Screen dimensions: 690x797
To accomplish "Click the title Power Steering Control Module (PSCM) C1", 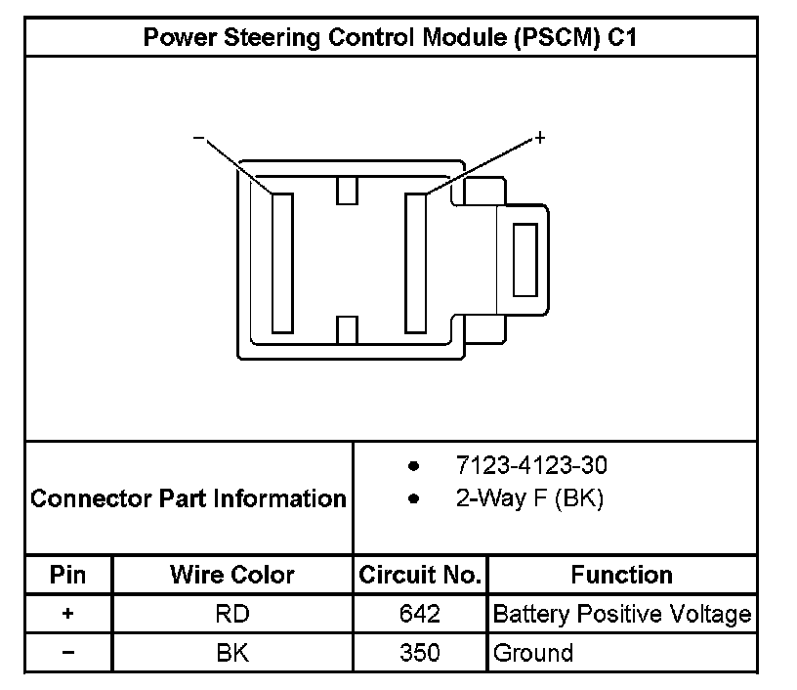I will tap(391, 37).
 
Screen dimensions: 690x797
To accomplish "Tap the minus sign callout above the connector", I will tap(198, 139).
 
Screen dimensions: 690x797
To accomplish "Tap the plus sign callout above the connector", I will tap(540, 138).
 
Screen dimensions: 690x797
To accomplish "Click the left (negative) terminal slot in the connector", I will tap(282, 263).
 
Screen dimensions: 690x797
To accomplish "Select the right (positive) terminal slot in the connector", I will tap(416, 263).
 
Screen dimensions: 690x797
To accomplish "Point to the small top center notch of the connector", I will tap(347, 190).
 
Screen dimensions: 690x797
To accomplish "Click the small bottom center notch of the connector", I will tap(347, 330).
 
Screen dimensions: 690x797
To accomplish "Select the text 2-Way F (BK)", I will tap(529, 498).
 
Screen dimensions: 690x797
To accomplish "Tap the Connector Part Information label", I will tap(189, 498).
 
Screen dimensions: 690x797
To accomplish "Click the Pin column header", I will tap(68, 575).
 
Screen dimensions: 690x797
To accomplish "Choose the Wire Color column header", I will tap(232, 575).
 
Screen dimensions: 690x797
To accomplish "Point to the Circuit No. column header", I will tap(420, 575).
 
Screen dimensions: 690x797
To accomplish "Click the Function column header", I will tap(621, 575).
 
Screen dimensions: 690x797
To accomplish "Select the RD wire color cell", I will tap(232, 615).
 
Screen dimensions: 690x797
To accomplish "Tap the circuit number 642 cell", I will tap(420, 615).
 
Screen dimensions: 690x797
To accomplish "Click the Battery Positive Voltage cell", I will tap(622, 615).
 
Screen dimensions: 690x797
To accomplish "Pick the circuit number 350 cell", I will tap(420, 653).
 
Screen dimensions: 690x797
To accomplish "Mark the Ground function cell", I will tap(533, 653).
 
